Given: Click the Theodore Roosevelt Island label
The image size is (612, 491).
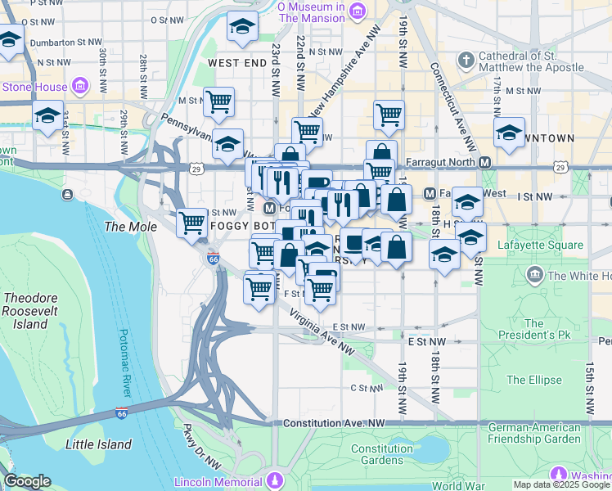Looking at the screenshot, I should [25, 311].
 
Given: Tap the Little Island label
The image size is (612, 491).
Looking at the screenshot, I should [98, 444].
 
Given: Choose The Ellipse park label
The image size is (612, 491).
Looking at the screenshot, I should [533, 380].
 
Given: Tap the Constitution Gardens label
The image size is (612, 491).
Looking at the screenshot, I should [382, 455].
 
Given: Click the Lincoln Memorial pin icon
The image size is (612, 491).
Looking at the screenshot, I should [277, 478].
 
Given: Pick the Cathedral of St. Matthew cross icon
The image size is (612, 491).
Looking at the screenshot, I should [466, 61].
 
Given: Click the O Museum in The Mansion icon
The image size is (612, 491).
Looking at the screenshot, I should [357, 11].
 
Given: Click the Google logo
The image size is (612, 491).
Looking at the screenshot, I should [27, 481].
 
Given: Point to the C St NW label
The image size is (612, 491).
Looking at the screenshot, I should [367, 388].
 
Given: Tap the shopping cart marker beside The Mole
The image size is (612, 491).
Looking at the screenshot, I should [192, 222].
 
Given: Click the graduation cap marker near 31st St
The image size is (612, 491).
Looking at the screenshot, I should [47, 116].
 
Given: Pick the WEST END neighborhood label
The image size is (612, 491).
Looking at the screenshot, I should [236, 62].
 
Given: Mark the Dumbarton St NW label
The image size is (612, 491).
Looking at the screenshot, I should [65, 42].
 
